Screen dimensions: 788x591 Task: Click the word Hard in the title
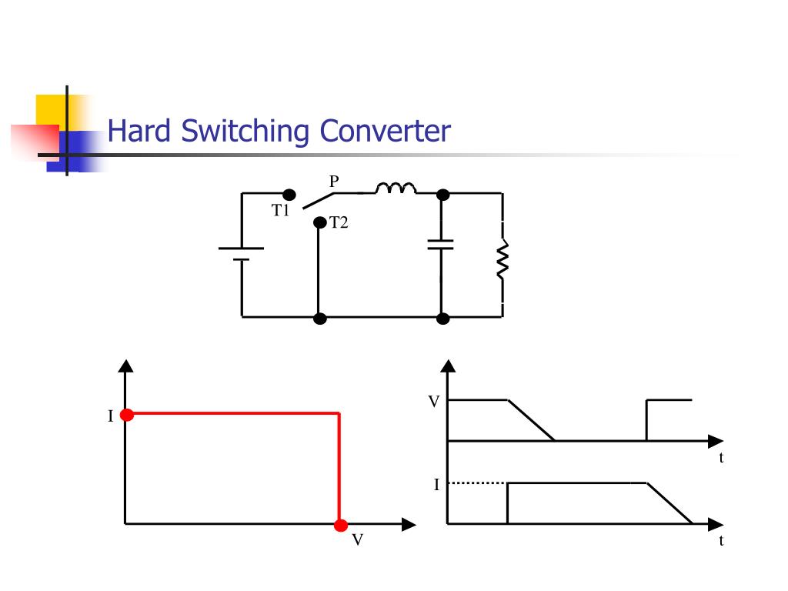coord(139,131)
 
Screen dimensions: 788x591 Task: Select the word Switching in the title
coord(245,132)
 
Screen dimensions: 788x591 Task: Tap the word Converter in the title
coord(385,131)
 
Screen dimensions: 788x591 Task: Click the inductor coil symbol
coord(396,188)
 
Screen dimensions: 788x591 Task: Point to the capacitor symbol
coord(441,245)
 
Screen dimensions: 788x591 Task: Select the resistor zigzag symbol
coord(503,259)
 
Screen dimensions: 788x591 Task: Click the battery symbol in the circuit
coord(241,254)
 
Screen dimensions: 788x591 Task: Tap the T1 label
coord(280,210)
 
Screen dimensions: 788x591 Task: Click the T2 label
coord(339,222)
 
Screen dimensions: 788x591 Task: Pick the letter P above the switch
coord(334,181)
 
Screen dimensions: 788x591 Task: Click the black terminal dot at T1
coord(289,195)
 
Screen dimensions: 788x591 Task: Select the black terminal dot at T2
coord(319,222)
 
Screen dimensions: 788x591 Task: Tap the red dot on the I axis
coord(127,415)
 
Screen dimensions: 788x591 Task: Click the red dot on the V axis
coord(341,526)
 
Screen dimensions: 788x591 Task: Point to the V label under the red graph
coord(357,539)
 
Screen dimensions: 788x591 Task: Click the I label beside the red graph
coord(111,416)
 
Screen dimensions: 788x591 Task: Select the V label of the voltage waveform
coord(434,402)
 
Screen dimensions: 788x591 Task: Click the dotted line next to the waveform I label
coord(476,483)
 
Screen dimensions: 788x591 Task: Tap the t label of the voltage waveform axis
coord(721,458)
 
